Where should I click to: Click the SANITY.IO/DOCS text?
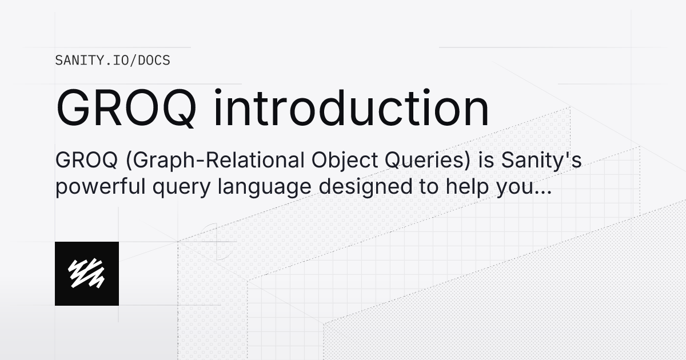pyautogui.click(x=113, y=60)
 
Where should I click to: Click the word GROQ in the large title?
pyautogui.click(x=128, y=109)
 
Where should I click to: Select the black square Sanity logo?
pyautogui.click(x=87, y=273)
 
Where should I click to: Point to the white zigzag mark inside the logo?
pyautogui.click(x=86, y=273)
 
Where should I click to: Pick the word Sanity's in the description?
pyautogui.click(x=541, y=162)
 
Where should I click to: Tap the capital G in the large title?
pyautogui.click(x=72, y=109)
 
